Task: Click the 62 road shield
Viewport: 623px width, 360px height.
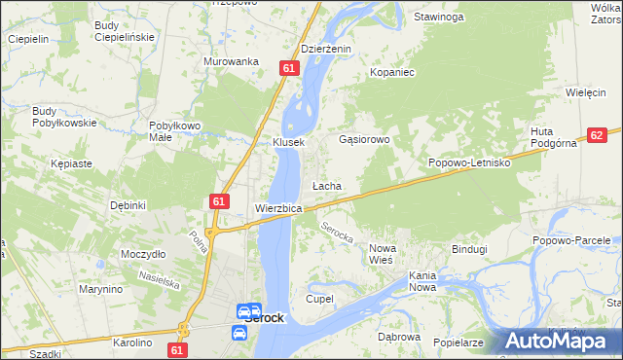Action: pos(597,137)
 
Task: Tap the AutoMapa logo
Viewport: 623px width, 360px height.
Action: pos(561,341)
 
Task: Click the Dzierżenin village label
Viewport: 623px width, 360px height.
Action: pos(325,49)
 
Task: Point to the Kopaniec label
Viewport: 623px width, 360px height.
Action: pos(392,72)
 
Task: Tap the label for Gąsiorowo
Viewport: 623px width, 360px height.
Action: pos(364,139)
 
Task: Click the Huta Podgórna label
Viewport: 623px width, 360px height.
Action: pos(555,138)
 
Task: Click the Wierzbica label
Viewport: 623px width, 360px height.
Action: pos(278,209)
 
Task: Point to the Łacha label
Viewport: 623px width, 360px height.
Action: pos(325,186)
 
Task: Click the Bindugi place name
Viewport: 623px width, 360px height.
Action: pos(468,249)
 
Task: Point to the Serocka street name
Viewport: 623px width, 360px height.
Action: pos(337,234)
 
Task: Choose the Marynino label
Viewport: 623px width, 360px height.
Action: pos(101,289)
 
